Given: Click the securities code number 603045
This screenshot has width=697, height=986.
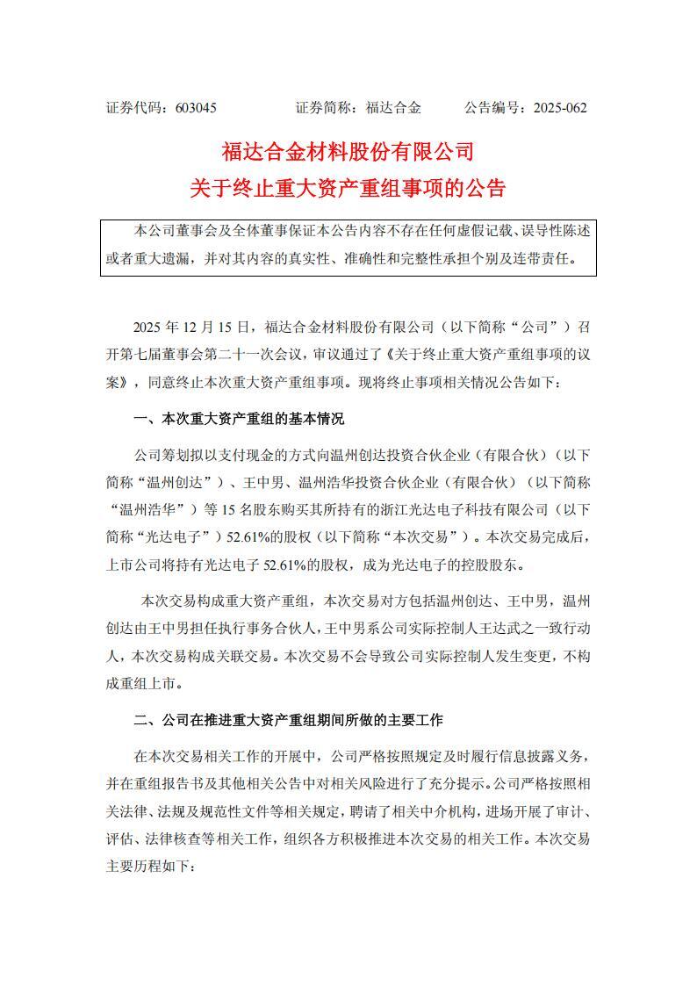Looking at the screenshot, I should click(196, 108).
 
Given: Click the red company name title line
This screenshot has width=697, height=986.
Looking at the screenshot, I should click(348, 152).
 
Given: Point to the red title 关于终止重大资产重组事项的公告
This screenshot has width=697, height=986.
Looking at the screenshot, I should click(348, 188).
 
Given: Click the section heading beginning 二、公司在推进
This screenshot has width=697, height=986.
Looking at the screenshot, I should click(288, 720).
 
